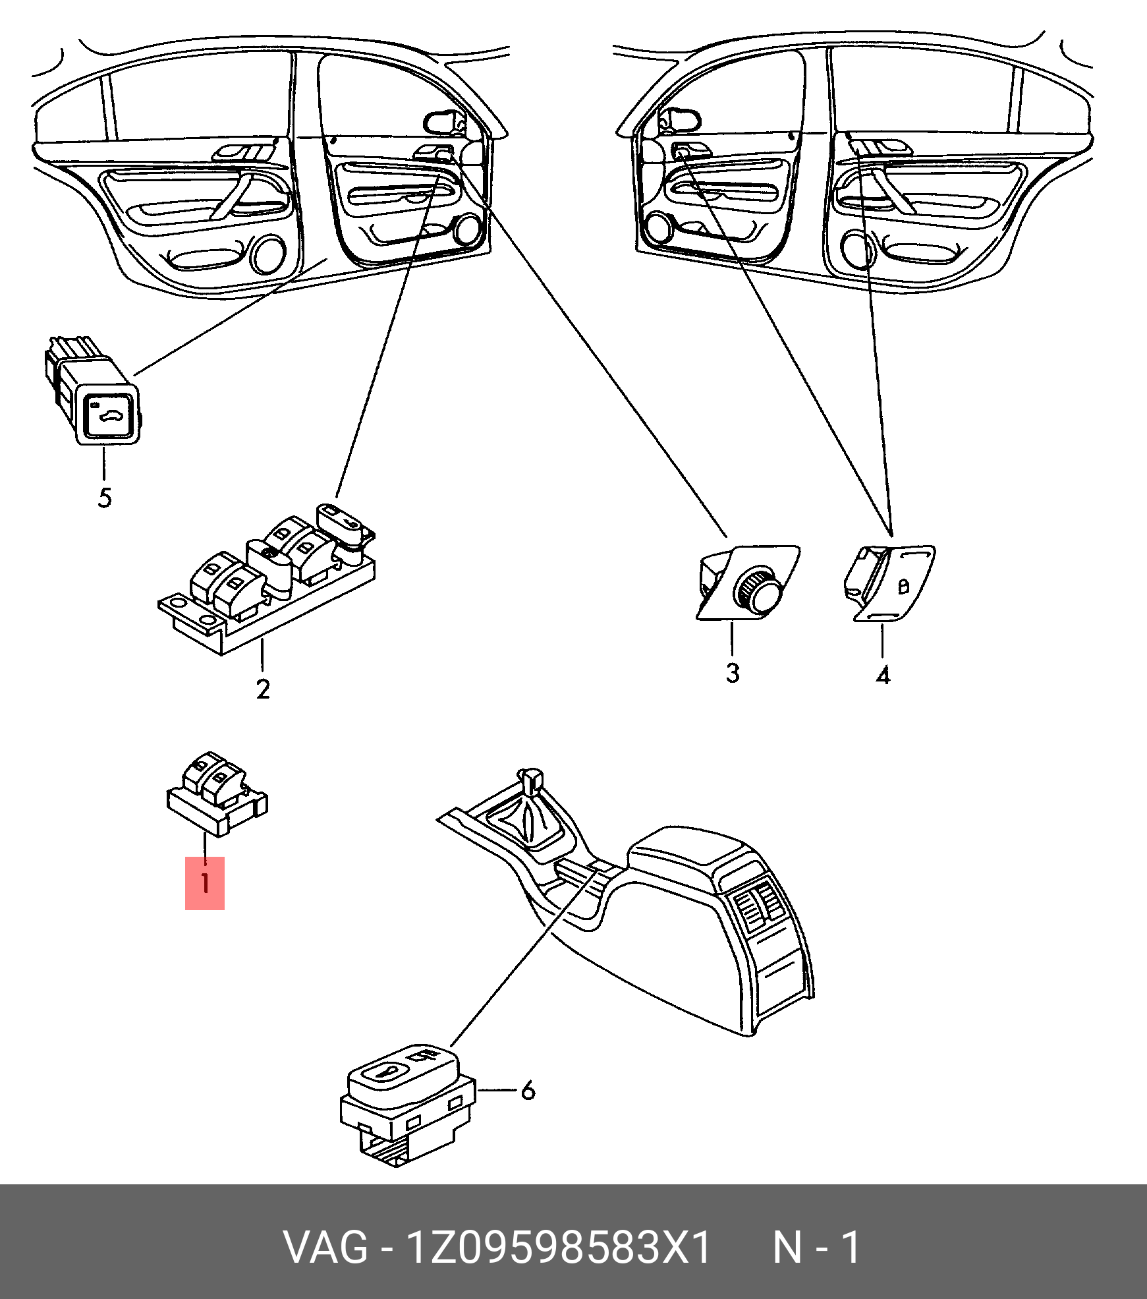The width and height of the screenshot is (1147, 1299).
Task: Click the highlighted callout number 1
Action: [x=205, y=882]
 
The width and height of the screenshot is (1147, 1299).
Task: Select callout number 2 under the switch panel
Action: [x=263, y=689]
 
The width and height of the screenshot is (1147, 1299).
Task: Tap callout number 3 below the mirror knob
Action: [x=733, y=673]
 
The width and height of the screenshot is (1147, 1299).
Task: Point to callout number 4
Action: [x=883, y=676]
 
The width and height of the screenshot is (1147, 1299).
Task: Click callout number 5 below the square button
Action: [x=105, y=498]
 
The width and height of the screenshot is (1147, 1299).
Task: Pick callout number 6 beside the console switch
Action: [x=528, y=1091]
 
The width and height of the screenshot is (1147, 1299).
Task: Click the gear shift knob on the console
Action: [x=530, y=780]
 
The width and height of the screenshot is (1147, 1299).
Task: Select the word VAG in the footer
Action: [x=325, y=1247]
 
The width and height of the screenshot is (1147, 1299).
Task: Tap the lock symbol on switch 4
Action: [x=904, y=585]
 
